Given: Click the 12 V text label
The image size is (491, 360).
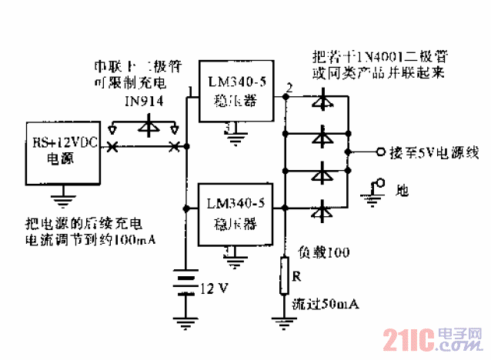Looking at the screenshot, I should [x=215, y=289].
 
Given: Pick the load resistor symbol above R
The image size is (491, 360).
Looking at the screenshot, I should [x=284, y=275].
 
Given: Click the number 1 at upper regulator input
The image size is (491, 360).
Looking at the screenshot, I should [x=190, y=95].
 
